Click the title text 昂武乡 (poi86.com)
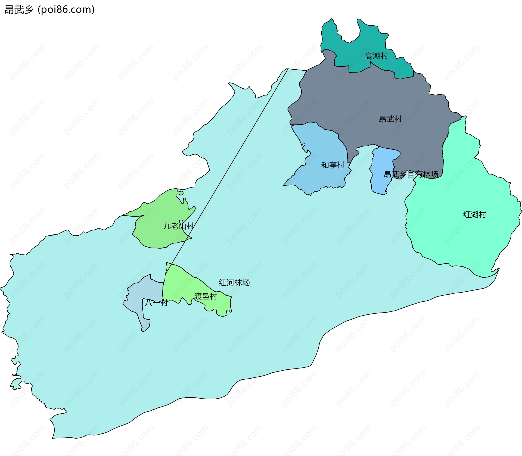pos(49,10)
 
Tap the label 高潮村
pos(377,56)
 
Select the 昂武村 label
pos(390,119)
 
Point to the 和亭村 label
pos(333,165)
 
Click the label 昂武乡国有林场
pos(411,174)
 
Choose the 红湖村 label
pos(475,214)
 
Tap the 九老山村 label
pos(178,226)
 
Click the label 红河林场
pos(234,283)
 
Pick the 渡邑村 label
pos(206,296)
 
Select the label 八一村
pos(156,302)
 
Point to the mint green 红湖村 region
pos(462,239)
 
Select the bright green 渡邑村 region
pos(179,283)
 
